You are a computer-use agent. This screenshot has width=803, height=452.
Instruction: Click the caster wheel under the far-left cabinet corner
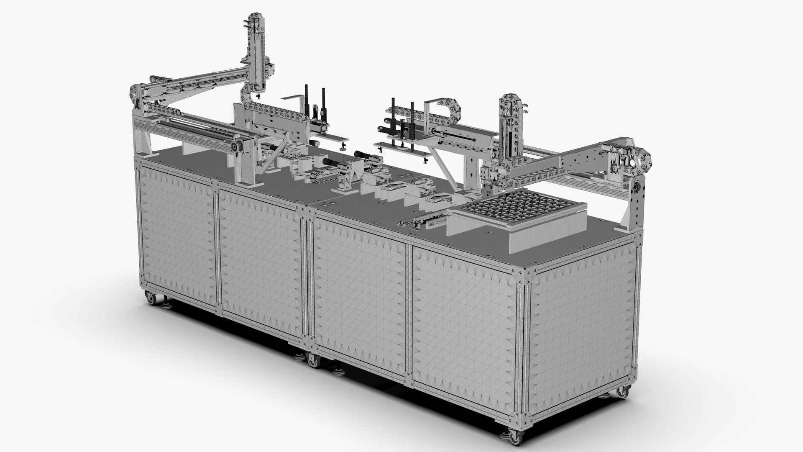click(149, 298)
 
